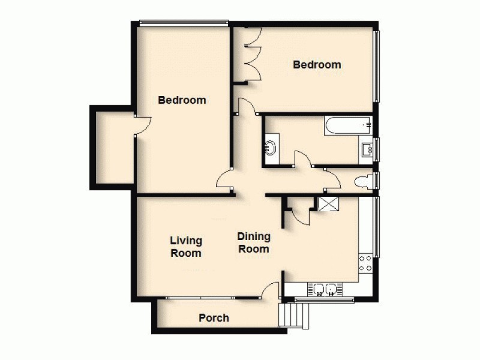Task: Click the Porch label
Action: [x=214, y=318]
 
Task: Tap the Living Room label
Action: [x=185, y=247]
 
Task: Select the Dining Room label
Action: [x=254, y=242]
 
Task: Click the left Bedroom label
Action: [x=182, y=100]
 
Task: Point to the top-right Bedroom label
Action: [x=317, y=65]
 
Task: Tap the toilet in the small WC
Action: [x=364, y=182]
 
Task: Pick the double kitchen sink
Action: [x=324, y=290]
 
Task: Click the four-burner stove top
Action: [x=365, y=263]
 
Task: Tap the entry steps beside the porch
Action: [x=291, y=314]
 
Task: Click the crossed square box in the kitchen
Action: [x=328, y=204]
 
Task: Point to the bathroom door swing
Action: [x=304, y=160]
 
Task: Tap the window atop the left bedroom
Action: [x=184, y=23]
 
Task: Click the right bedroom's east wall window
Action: [x=377, y=66]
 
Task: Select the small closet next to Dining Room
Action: [x=297, y=210]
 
